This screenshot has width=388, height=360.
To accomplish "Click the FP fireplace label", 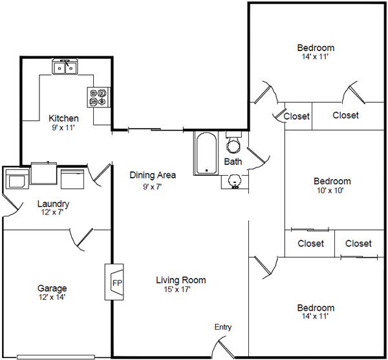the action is (x=117, y=283).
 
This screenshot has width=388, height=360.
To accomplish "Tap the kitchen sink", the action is (x=65, y=67).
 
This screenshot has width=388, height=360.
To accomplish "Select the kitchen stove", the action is (x=98, y=97).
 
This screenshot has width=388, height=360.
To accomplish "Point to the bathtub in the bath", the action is (x=206, y=153).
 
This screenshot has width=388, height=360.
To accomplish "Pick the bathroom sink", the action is (x=235, y=182).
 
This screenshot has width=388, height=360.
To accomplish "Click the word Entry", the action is (x=223, y=327).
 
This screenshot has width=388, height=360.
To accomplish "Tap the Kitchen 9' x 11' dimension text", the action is (x=63, y=128).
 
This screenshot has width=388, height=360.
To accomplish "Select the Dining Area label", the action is (x=153, y=175).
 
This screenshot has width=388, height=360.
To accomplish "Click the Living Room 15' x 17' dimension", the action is (x=177, y=290).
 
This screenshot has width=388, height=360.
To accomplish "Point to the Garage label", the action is (x=52, y=288).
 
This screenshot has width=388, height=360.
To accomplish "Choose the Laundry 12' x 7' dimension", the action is (x=52, y=212).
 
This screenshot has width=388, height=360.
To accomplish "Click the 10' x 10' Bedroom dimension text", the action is (x=330, y=191).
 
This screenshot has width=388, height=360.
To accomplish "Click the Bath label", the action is (x=233, y=162).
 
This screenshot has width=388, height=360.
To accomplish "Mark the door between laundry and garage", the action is (x=82, y=239).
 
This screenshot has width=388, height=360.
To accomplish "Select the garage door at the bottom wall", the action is (x=56, y=357).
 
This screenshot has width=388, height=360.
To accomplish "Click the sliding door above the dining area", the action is (x=156, y=129).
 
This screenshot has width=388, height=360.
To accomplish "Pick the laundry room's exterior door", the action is (x=12, y=205).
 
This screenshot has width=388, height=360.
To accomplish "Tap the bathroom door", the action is (x=258, y=158).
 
